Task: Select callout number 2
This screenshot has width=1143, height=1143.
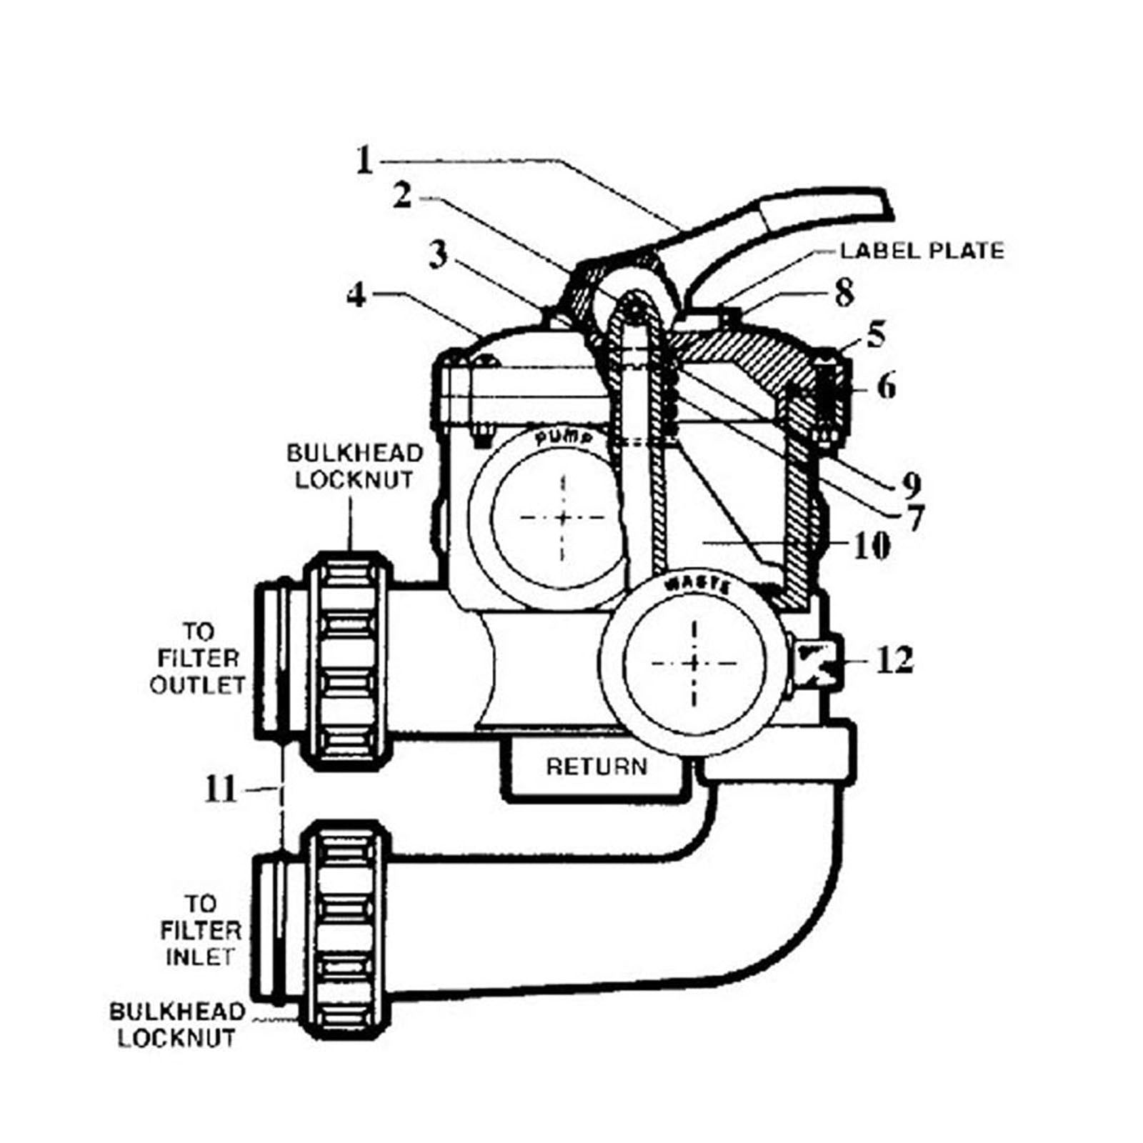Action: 403,195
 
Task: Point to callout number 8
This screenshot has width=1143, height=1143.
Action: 844,292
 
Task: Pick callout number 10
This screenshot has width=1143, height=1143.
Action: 872,546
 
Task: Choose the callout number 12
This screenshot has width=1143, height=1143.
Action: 894,660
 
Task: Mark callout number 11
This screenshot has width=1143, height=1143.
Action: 220,789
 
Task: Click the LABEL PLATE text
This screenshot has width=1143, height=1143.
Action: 922,251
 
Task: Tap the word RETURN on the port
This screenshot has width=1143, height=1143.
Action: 597,767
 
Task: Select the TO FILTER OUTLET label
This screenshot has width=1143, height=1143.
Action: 198,658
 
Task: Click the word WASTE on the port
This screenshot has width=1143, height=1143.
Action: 697,586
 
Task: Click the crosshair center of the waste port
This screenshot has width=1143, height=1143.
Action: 694,664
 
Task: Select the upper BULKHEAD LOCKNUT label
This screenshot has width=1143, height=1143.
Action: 355,466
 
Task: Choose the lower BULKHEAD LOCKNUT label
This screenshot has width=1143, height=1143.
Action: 176,1024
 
